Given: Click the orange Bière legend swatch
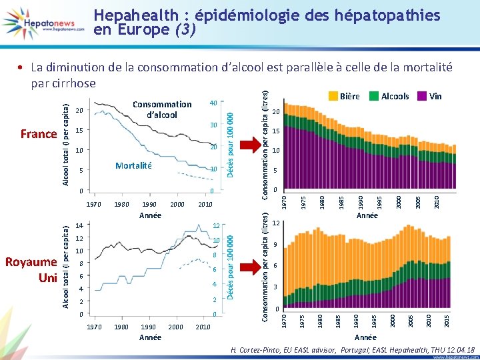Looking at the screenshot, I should tap(333, 96).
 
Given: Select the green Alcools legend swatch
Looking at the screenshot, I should tap(374, 96).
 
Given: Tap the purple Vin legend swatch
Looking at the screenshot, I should tap(422, 96).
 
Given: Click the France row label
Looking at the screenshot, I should tap(39, 134).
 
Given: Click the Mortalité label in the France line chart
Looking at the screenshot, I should tap(133, 165).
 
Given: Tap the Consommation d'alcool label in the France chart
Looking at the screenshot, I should tap(162, 109).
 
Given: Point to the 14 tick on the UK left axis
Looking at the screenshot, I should tap(79, 226).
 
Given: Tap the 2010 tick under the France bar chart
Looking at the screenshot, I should tap(437, 200).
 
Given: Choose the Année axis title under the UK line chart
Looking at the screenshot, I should tap(150, 337).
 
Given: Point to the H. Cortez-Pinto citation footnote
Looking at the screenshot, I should tap(352, 349).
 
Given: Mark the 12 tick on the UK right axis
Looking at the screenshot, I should tap(216, 226).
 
